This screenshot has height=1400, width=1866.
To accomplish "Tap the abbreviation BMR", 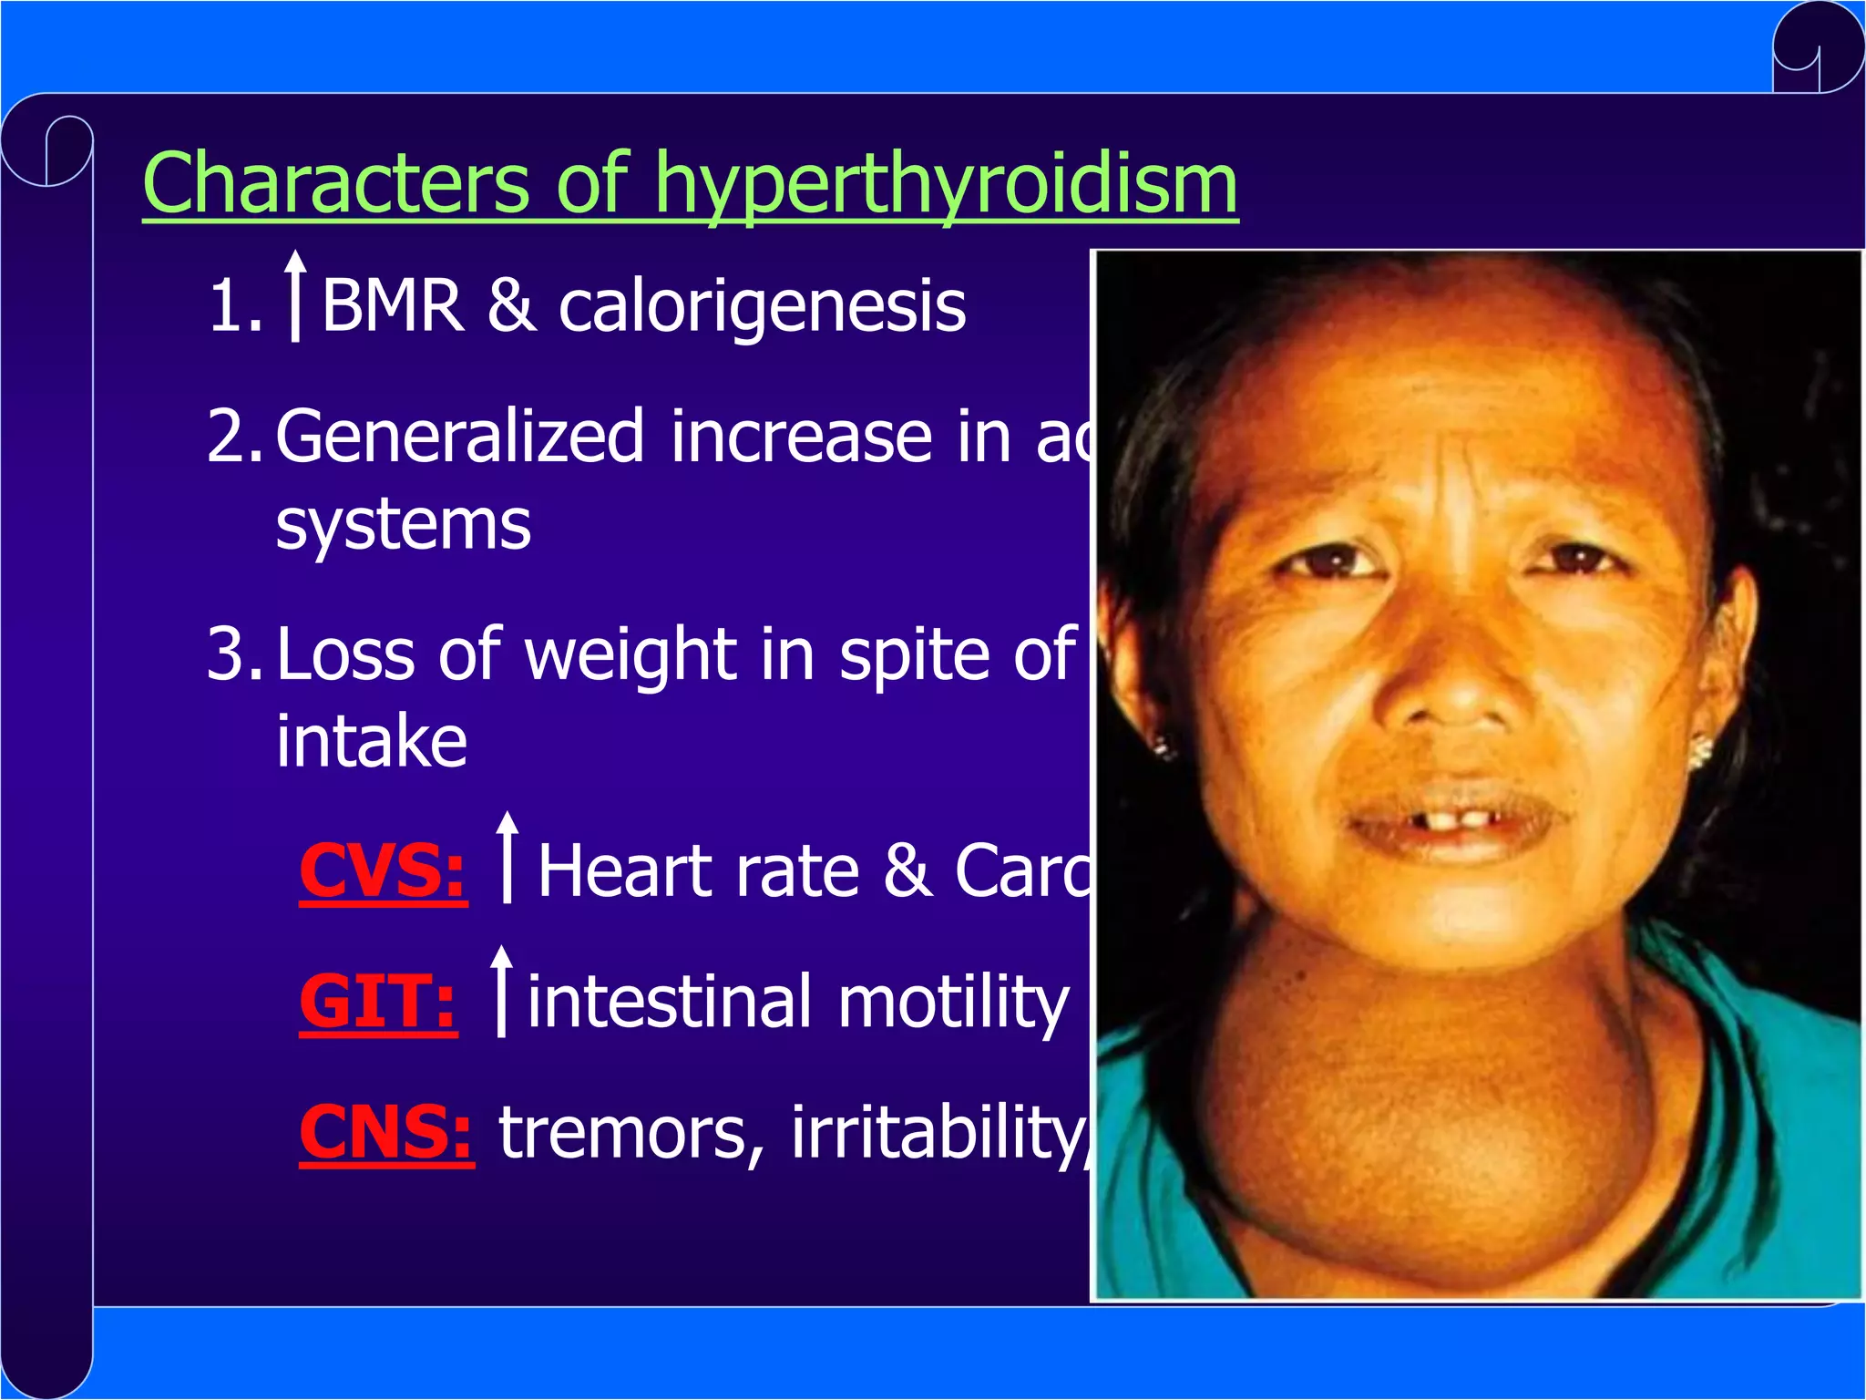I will tap(392, 306).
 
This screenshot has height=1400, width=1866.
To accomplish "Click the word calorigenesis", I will tap(762, 308).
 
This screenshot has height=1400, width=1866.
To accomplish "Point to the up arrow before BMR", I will tap(294, 295).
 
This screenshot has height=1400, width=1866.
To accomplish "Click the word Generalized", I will tap(460, 437).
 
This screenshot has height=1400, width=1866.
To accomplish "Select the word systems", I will tap(403, 525).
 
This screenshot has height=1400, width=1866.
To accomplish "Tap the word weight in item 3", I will tap(631, 654).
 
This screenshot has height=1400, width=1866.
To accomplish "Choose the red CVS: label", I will tap(383, 871).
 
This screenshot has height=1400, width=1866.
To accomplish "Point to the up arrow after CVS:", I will tap(508, 857).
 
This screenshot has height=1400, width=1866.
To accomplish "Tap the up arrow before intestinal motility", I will tap(501, 991).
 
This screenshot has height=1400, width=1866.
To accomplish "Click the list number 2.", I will tap(233, 437).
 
